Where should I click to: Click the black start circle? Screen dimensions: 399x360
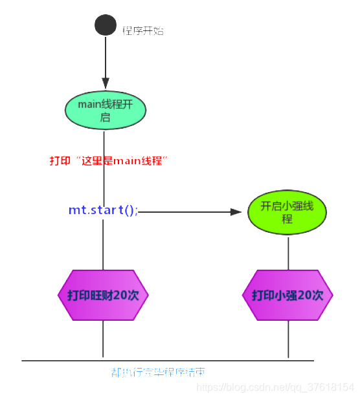point(106,26)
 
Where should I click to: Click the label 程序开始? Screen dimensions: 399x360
point(143,30)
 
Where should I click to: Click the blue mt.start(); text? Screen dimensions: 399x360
point(103,211)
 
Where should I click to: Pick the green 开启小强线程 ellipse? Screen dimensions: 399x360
point(287,213)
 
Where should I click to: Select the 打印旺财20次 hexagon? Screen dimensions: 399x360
point(104,296)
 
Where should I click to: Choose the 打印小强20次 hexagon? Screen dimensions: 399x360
point(287,296)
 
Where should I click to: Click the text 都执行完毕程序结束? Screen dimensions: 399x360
point(159,372)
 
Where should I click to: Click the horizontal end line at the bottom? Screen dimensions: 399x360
point(194,360)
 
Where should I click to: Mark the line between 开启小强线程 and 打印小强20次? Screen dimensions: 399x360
point(288,252)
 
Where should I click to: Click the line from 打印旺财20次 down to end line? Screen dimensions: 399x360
point(104,340)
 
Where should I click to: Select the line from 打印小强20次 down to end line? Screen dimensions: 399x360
point(288,340)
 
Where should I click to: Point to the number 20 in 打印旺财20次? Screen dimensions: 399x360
point(120,296)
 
